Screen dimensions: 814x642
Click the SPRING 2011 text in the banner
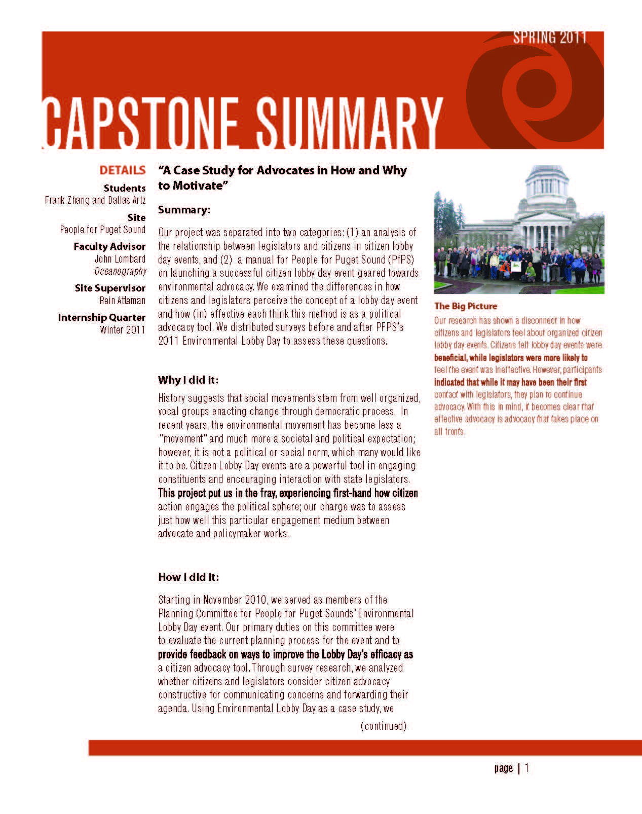550,38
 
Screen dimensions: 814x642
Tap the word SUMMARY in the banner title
349,123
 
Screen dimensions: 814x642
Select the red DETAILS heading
123,170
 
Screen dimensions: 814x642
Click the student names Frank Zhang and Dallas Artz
95,200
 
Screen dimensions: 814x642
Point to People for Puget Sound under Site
103,230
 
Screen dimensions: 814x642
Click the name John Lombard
120,259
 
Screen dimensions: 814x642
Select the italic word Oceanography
120,271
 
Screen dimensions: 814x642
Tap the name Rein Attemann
123,301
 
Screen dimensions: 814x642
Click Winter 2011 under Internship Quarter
123,330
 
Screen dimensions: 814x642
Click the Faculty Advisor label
109,247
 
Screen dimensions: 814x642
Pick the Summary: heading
184,210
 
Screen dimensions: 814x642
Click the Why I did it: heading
188,380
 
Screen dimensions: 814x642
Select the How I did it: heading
188,577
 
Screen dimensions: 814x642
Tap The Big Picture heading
466,306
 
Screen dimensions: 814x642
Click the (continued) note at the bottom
384,726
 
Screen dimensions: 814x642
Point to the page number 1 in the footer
527,768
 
